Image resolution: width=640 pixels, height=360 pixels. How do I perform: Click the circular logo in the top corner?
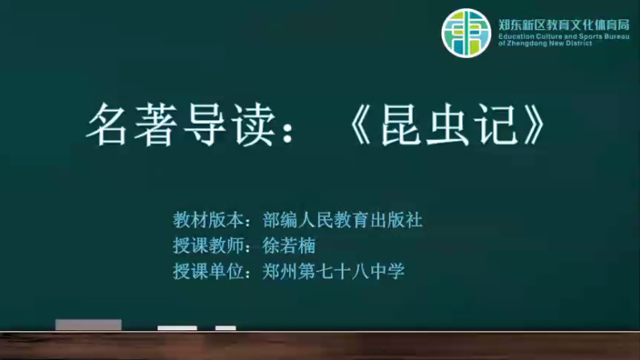click(x=466, y=33)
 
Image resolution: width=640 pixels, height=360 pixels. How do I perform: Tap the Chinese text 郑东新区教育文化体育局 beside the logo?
click(x=564, y=25)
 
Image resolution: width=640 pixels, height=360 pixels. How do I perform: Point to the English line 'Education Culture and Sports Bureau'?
click(x=564, y=36)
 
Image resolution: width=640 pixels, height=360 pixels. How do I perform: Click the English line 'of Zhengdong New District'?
click(x=545, y=43)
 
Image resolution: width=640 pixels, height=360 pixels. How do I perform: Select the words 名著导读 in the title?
click(x=181, y=125)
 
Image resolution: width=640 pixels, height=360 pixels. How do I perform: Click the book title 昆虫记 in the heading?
click(x=449, y=125)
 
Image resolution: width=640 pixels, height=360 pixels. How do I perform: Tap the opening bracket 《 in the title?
click(x=360, y=125)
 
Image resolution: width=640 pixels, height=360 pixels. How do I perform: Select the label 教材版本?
click(x=209, y=221)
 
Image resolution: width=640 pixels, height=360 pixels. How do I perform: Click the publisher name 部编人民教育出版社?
click(x=342, y=221)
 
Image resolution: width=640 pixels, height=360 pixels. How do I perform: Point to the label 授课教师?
click(x=209, y=246)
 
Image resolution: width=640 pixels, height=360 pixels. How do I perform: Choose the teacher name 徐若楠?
click(x=289, y=246)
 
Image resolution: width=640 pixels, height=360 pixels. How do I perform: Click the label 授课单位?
click(x=209, y=271)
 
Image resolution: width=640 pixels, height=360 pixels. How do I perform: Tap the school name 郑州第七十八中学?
click(x=333, y=271)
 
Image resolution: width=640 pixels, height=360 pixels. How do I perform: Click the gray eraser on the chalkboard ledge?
click(x=89, y=325)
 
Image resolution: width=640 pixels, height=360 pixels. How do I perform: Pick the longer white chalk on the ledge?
click(x=177, y=328)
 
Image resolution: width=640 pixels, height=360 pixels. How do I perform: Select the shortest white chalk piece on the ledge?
click(x=225, y=328)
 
